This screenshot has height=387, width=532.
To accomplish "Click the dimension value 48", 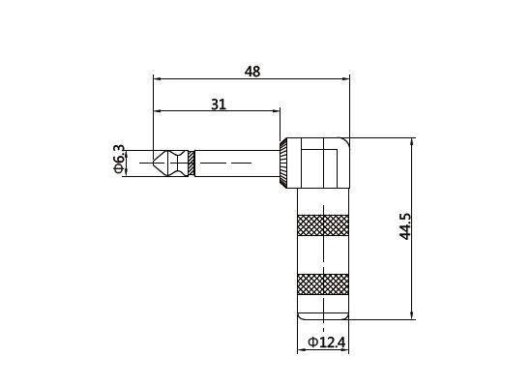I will point(252,72).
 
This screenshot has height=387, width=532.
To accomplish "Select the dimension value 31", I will point(218,104).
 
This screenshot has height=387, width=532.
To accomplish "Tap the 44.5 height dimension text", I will point(406,226).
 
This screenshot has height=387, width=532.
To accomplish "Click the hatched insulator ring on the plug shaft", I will point(192,163).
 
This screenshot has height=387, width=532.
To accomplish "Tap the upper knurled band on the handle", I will point(323,224).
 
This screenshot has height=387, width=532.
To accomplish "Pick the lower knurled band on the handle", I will point(323,284).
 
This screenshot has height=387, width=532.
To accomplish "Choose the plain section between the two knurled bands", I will point(323,254).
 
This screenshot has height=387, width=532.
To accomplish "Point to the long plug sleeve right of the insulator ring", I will point(237,163).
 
